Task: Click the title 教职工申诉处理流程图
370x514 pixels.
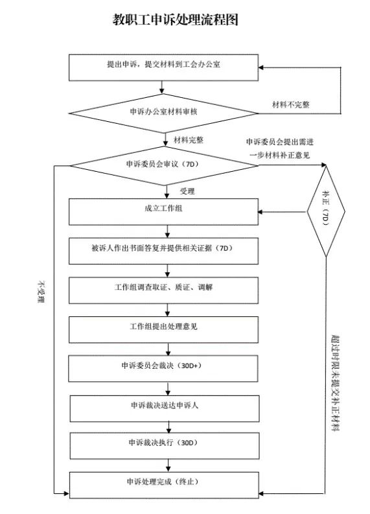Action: click(176, 19)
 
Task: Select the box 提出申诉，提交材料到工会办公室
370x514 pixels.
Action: click(163, 67)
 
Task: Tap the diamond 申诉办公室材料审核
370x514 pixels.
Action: click(163, 113)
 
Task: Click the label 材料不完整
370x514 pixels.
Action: click(291, 104)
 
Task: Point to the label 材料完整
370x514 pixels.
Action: click(189, 140)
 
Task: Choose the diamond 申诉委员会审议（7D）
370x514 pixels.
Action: click(164, 165)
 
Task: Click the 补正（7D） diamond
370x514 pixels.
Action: click(326, 211)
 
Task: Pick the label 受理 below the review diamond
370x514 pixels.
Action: click(187, 191)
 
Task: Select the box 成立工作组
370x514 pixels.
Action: click(163, 212)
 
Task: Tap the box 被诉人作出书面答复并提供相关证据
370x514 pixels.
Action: click(163, 251)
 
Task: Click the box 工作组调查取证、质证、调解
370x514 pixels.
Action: click(163, 290)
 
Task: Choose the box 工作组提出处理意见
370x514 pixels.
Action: click(163, 330)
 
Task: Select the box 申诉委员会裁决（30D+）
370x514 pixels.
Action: click(163, 369)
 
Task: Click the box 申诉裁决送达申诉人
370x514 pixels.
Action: click(165, 408)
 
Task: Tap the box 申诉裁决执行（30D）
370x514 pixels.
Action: click(165, 446)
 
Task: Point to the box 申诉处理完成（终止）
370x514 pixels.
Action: click(164, 485)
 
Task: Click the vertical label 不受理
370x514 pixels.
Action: click(41, 292)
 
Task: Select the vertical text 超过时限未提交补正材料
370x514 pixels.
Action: click(335, 382)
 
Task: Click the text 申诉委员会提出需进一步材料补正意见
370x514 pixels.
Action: click(280, 148)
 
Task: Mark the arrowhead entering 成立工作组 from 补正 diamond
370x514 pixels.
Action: click(260, 212)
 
